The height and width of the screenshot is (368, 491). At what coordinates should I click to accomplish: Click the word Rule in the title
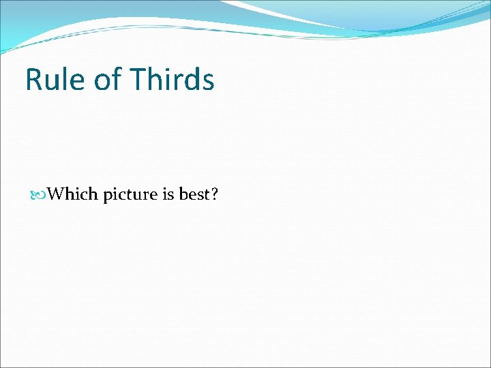(55, 80)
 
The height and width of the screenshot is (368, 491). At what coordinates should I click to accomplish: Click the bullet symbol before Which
(42, 195)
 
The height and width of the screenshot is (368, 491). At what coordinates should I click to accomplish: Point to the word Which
(74, 194)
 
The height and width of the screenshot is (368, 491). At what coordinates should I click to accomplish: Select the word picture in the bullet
(130, 195)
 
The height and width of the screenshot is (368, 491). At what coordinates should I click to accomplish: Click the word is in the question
(168, 194)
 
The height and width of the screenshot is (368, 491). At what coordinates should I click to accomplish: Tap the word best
(194, 194)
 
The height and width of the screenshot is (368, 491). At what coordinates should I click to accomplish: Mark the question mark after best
(214, 194)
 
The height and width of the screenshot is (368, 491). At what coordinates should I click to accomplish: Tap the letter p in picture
(108, 196)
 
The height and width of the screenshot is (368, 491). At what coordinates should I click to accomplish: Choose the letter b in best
(183, 194)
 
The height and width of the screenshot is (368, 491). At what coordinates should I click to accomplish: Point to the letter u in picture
(138, 196)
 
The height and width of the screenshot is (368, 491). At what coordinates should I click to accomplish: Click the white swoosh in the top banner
(286, 14)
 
